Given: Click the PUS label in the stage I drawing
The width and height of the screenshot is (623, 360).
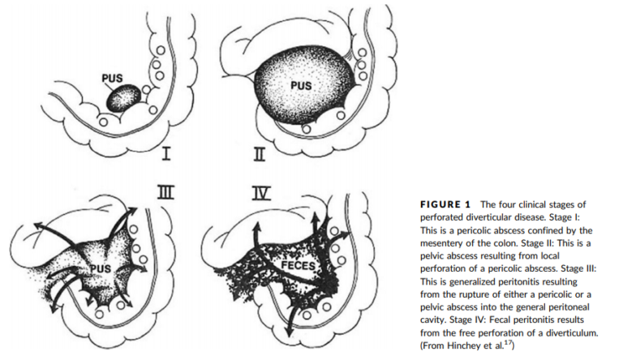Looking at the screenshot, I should (x=113, y=79).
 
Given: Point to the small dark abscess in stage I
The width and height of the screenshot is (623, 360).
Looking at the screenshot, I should (x=126, y=100).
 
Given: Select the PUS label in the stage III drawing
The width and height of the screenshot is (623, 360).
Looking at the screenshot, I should (x=101, y=268).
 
